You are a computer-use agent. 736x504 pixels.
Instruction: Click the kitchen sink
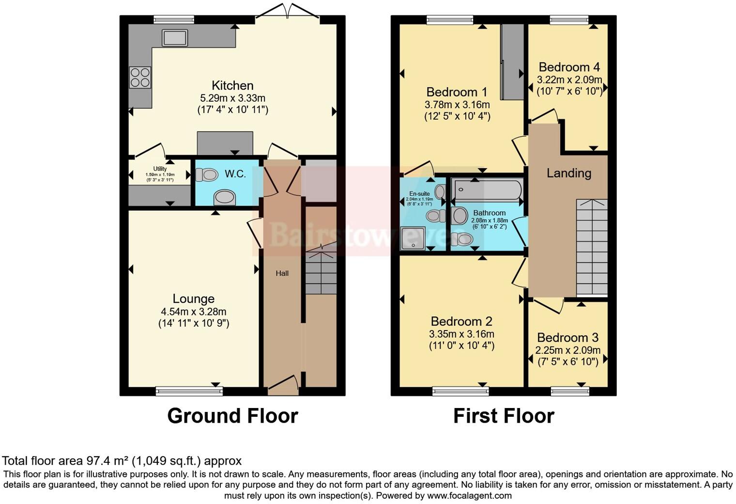(175, 37)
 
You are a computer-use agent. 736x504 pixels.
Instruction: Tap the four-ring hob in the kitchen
(140, 78)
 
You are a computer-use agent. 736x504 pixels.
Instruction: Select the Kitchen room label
(232, 86)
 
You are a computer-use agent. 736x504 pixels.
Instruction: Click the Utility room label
(160, 169)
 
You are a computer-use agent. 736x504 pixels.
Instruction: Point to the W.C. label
(235, 174)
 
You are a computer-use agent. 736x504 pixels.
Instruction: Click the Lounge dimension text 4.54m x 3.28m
(194, 312)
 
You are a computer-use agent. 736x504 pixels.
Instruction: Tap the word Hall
(282, 273)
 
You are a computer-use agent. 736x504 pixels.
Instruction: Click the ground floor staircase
(321, 273)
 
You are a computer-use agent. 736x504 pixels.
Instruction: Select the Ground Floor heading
(232, 416)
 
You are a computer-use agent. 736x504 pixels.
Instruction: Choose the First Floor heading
(504, 416)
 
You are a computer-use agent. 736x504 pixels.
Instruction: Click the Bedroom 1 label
(457, 92)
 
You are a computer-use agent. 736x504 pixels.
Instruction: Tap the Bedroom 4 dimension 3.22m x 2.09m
(569, 79)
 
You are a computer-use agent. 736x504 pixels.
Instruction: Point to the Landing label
(569, 173)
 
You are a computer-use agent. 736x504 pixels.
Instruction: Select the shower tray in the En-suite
(413, 238)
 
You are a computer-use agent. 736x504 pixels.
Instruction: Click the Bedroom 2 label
(461, 321)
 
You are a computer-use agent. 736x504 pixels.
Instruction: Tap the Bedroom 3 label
(567, 338)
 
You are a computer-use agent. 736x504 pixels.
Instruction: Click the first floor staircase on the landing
(592, 247)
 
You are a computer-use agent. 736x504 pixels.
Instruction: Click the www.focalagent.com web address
(469, 495)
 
